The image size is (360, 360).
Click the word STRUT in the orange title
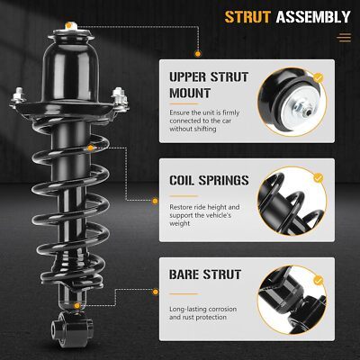click(247, 17)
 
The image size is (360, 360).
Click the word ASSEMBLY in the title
click(313, 17)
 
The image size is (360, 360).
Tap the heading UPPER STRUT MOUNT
click(209, 85)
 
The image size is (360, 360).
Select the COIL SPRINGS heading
click(209, 180)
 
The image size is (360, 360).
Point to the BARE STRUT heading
click(205, 274)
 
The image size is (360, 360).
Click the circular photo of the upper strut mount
click(292, 102)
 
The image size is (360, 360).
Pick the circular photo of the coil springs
click(292, 201)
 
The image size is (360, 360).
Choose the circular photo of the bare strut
click(292, 300)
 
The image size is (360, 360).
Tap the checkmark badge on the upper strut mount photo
click(318, 78)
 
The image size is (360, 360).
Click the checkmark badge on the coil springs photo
click(318, 177)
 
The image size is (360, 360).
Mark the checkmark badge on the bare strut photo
click(318, 281)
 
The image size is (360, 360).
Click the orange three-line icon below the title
click(344, 38)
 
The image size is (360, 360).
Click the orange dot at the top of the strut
click(69, 25)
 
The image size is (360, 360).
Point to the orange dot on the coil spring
click(90, 148)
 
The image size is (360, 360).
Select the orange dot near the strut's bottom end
click(77, 306)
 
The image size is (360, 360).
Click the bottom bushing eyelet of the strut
click(71, 328)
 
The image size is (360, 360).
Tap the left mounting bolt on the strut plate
click(18, 96)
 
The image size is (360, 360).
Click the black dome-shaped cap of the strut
click(70, 71)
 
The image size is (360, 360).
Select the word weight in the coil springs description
click(179, 224)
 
